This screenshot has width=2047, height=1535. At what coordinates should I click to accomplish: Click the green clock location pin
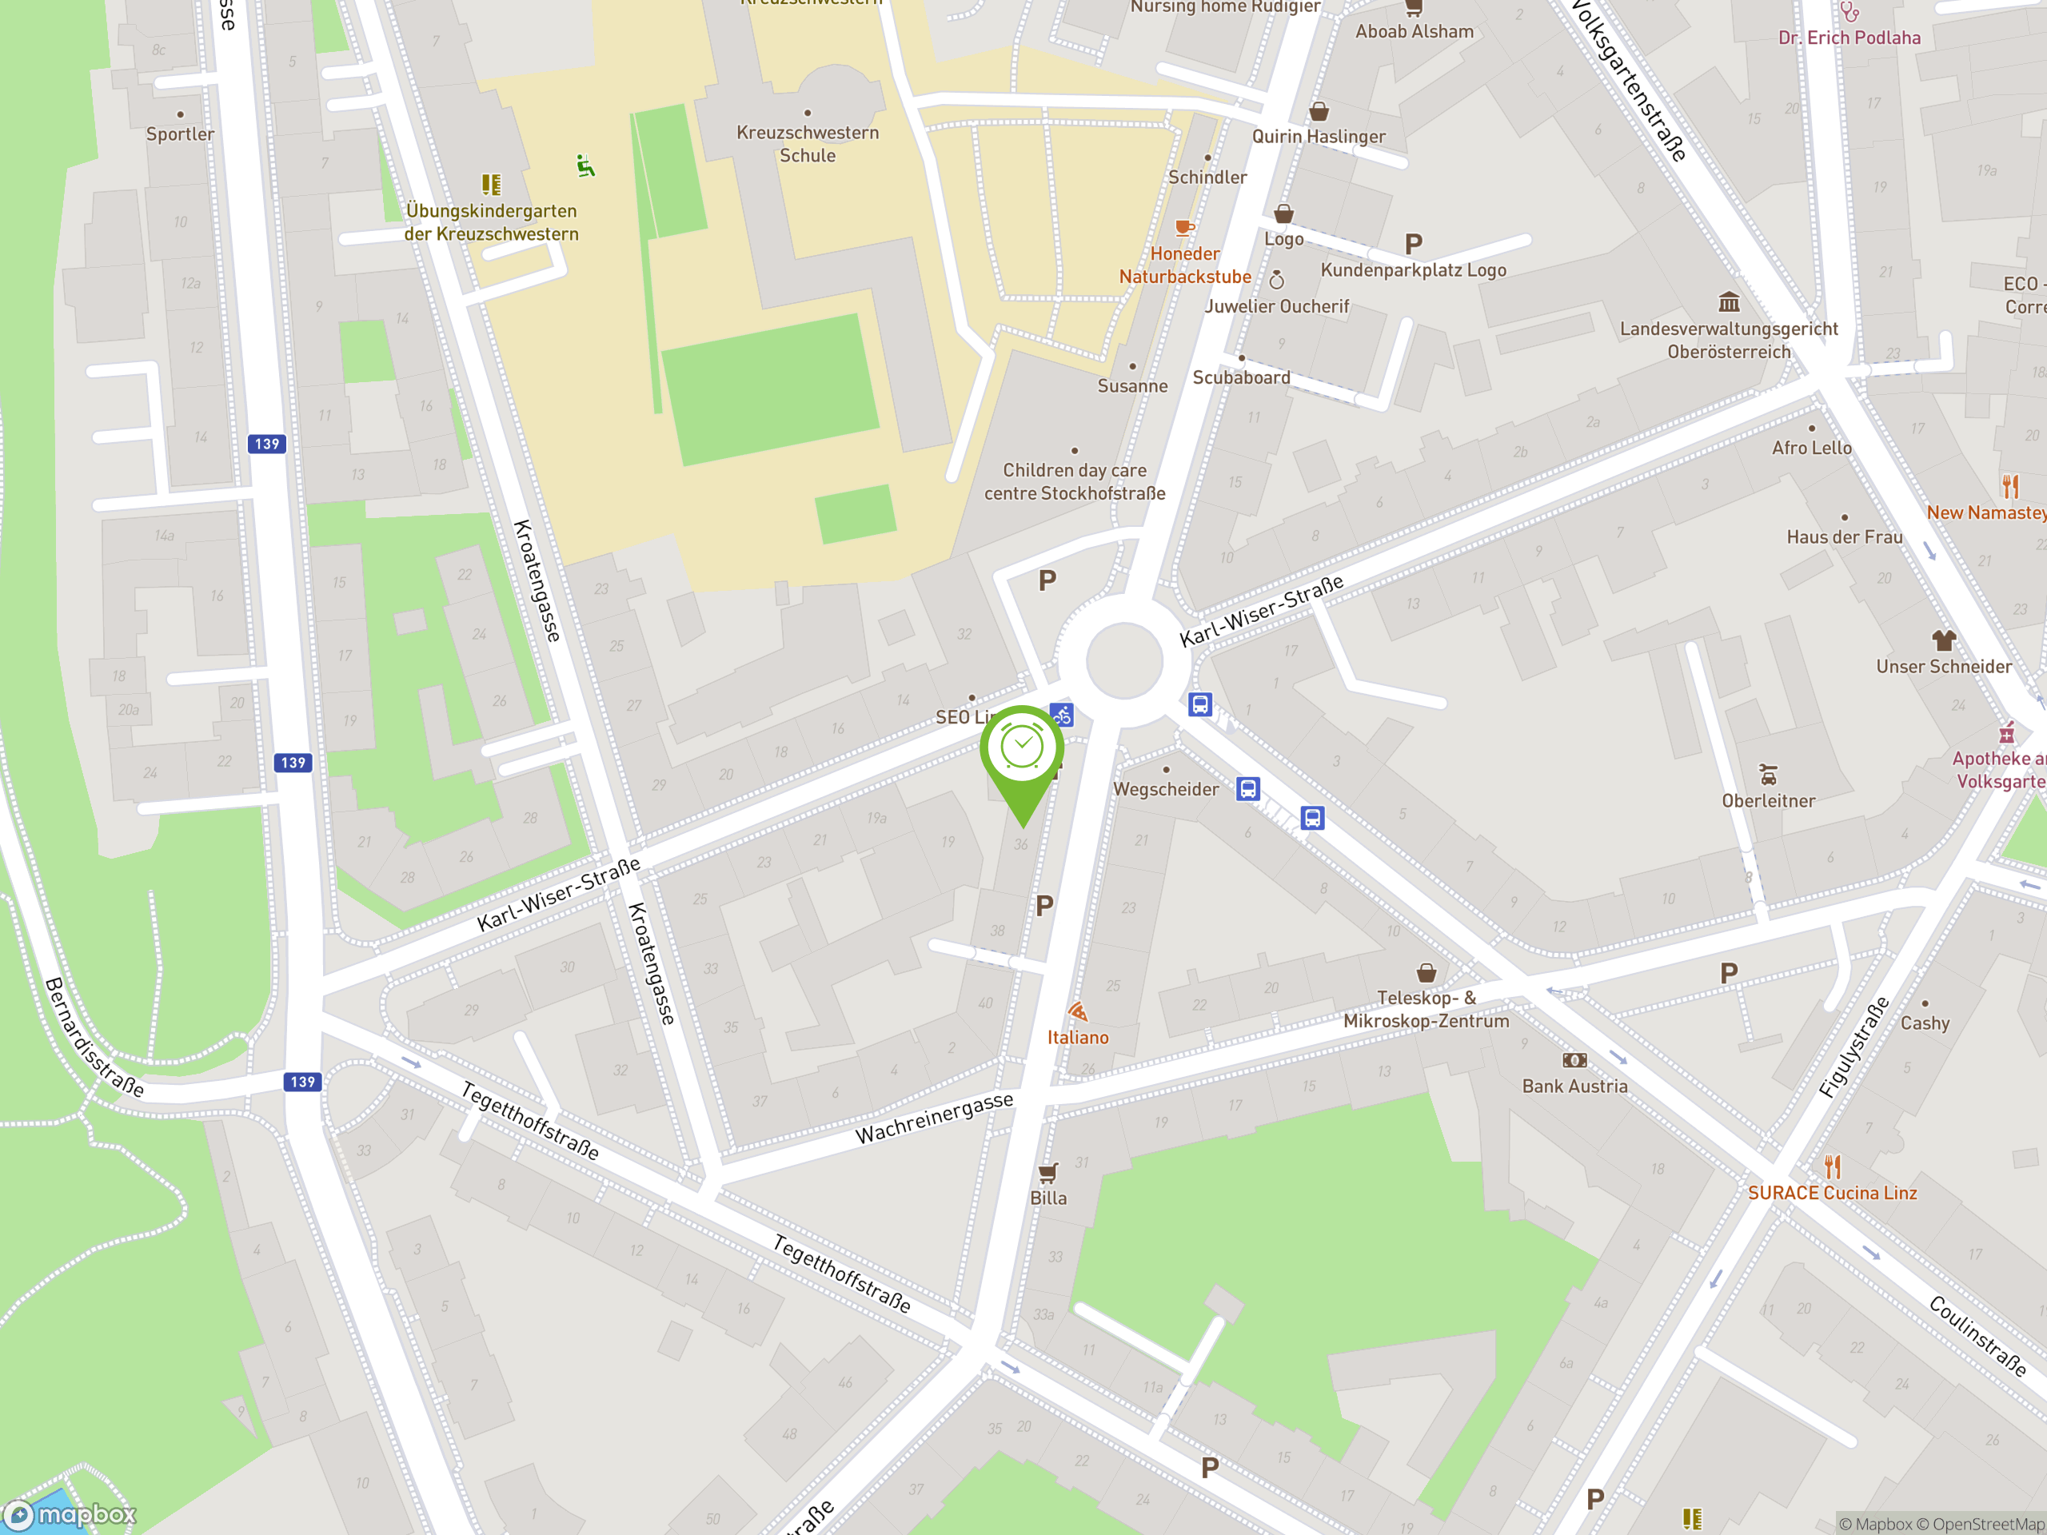click(x=1022, y=749)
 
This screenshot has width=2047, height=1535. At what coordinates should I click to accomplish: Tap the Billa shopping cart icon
click(x=1047, y=1173)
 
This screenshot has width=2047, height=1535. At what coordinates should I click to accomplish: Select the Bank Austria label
click(x=1574, y=1086)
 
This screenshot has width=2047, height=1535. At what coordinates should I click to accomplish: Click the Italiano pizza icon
click(x=1077, y=1011)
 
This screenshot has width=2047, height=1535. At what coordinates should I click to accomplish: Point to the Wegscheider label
click(x=1165, y=789)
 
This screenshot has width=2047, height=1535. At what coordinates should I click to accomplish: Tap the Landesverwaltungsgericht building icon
click(x=1729, y=301)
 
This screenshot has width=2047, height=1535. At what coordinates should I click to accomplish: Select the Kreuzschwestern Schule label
click(x=807, y=143)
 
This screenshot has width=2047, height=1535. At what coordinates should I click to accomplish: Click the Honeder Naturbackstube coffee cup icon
click(x=1183, y=228)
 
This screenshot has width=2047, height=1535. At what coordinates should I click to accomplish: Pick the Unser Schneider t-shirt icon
click(x=1943, y=640)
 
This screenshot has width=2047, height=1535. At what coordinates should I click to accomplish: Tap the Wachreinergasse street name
click(x=934, y=1118)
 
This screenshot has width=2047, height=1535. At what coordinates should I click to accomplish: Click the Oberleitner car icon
click(x=1767, y=775)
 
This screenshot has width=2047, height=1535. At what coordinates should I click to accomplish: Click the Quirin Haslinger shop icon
click(x=1319, y=112)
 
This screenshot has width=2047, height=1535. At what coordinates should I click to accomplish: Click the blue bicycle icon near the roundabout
click(x=1061, y=716)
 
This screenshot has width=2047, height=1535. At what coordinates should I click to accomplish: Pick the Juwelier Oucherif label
click(x=1277, y=306)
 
